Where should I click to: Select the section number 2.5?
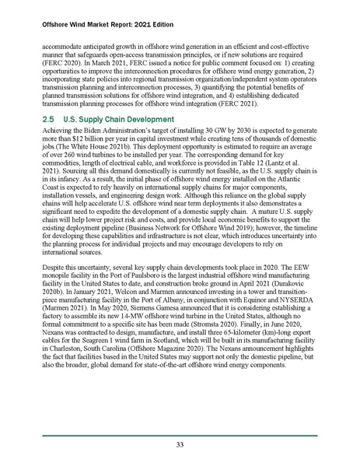click(49, 121)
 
